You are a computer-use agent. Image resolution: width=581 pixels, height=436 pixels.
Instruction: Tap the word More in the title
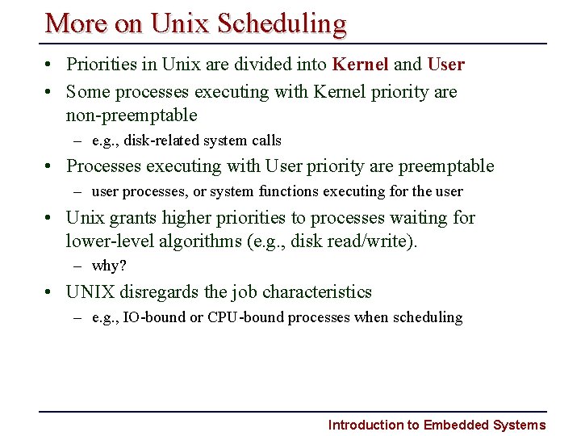point(77,23)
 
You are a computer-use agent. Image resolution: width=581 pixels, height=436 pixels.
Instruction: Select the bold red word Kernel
point(361,64)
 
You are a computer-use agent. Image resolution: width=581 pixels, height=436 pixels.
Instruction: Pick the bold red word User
point(445,64)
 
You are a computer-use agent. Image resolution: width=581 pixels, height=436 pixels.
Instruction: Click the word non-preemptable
point(132,115)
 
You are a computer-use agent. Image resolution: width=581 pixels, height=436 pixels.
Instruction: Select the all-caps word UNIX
point(91,291)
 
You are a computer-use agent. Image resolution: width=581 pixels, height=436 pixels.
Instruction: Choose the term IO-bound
point(154,317)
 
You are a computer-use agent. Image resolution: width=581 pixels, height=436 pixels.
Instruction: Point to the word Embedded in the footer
point(456,425)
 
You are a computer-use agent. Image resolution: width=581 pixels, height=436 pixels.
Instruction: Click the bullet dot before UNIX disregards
point(50,292)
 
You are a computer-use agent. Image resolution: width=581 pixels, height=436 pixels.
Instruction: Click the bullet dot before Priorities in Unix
point(50,65)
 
